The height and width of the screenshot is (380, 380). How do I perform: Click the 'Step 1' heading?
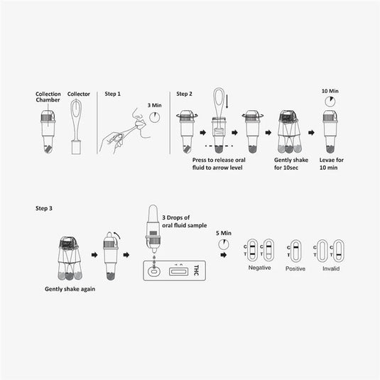point(112,94)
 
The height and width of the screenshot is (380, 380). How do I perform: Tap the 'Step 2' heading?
point(184,94)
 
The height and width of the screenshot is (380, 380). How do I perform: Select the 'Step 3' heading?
point(44,208)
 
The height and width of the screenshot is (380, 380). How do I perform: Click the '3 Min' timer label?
point(155,105)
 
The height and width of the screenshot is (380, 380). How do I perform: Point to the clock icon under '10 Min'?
point(330,102)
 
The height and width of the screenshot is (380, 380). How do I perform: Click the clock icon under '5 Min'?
point(224,244)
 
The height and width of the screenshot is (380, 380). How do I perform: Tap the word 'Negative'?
point(259,268)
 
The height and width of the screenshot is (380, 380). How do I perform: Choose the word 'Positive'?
point(295,268)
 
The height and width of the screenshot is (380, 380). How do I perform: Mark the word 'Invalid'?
point(331,268)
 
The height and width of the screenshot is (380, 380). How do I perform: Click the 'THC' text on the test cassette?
point(196,270)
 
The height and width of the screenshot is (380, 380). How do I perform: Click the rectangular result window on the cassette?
point(178,271)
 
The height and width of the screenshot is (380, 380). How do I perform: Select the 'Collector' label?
point(79,94)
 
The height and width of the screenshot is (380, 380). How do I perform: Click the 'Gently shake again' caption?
point(70,289)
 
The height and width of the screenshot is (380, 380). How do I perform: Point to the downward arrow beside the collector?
point(227,102)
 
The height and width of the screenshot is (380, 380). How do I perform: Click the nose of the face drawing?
point(135,113)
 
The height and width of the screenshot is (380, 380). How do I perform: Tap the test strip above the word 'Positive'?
point(295,251)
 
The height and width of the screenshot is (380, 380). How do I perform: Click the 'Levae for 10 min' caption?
point(331,163)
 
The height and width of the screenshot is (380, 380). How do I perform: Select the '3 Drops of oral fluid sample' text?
point(185,222)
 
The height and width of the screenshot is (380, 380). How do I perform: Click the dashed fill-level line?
point(219,146)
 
